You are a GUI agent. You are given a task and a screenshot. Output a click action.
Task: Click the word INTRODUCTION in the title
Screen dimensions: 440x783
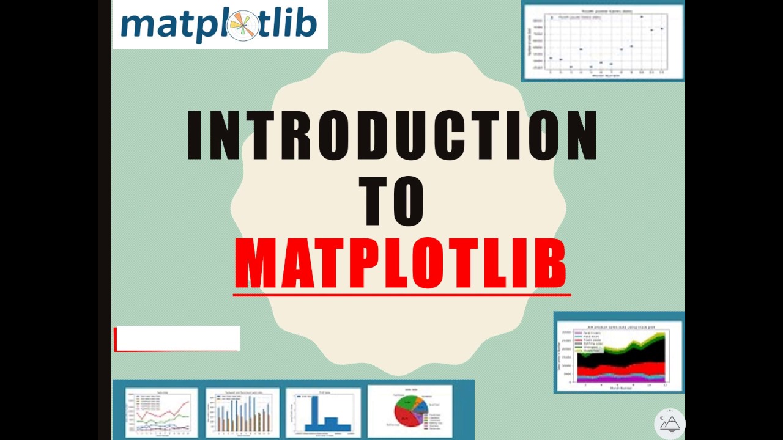tap(391, 136)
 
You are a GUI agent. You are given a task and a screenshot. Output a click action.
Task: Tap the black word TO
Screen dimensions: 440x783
tap(391, 202)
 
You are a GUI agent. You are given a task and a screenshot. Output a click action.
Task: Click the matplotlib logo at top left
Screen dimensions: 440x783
tap(219, 24)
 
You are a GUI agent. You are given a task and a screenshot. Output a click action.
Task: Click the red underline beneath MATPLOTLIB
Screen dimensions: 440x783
tap(401, 295)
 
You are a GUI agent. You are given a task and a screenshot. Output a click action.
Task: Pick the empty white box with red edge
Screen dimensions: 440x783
tap(177, 339)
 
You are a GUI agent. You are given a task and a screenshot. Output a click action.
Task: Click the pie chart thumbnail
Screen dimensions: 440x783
tap(410, 410)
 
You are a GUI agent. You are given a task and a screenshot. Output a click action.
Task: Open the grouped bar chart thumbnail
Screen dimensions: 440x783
tap(242, 411)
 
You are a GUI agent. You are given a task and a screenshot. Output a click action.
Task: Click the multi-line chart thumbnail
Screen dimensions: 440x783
tap(161, 411)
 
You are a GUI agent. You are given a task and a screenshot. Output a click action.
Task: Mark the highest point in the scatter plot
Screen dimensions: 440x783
tap(641, 17)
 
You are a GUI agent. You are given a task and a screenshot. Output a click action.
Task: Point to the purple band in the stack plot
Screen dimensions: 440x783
tap(612, 378)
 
